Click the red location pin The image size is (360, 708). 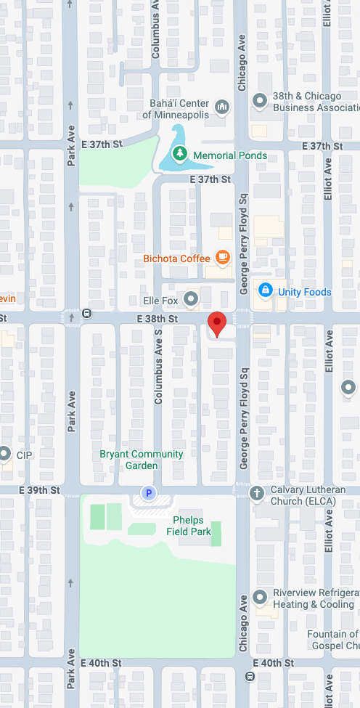217,322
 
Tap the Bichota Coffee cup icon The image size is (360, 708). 222,258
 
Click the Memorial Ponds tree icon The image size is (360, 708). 179,155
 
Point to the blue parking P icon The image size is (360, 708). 149,494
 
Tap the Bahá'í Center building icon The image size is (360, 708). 222,108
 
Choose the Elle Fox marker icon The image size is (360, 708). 191,298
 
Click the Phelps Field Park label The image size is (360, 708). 188,526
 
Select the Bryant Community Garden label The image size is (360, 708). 142,460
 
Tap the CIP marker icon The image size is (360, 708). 4,455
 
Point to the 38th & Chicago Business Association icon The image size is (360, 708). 260,101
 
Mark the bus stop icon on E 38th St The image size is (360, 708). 87,314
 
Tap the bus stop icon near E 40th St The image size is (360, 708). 250,676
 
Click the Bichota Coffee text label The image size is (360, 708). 176,259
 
